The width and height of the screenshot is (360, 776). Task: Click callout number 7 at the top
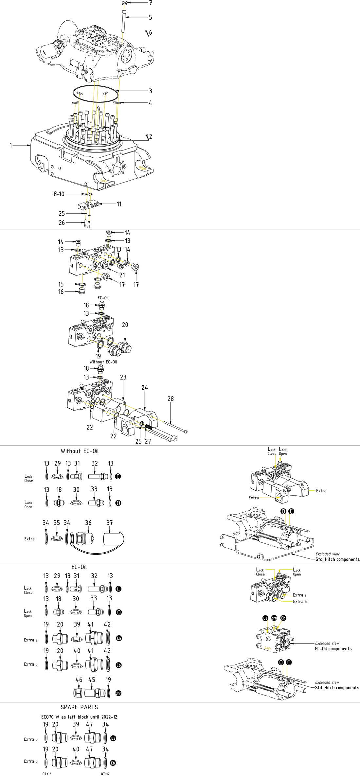coord(151,3)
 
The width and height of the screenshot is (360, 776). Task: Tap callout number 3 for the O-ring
coord(151,91)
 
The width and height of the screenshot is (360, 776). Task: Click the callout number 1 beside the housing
coord(11,145)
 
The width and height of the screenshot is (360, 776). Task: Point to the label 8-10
coord(59,194)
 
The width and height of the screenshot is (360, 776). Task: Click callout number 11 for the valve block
coord(119,204)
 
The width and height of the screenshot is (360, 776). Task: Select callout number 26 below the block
coord(62,223)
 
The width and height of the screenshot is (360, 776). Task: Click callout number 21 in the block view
coord(122,275)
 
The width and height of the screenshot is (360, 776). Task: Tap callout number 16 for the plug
coord(61,291)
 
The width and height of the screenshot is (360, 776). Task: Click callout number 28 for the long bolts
coord(171,399)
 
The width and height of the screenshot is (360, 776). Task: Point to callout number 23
coord(123,378)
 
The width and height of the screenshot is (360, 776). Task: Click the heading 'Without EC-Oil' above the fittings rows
coord(80,451)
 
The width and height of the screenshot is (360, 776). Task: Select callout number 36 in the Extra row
coord(88,523)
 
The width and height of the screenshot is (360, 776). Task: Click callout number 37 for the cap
coord(110,523)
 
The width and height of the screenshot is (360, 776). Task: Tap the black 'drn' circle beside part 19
coord(118,693)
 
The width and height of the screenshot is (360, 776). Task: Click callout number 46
coord(79,680)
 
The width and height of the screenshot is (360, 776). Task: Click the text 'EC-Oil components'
coord(333,649)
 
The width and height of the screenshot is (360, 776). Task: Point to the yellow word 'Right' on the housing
coord(142,168)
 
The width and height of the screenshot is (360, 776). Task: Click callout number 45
coord(92,680)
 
